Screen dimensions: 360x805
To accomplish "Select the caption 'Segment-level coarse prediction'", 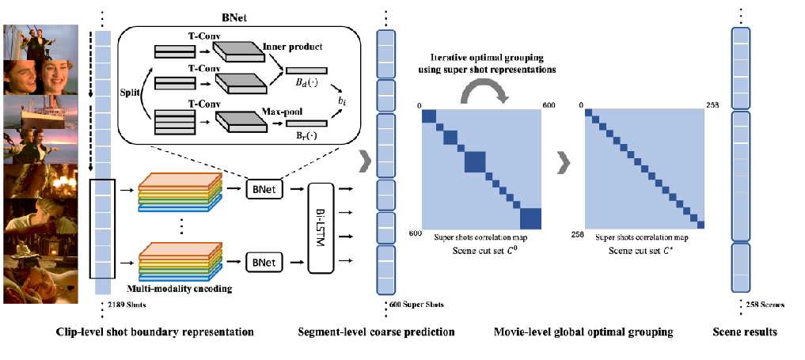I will click(x=376, y=332).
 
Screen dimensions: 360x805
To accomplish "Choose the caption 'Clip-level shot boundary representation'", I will click(x=155, y=332).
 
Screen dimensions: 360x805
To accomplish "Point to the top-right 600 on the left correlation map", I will click(x=547, y=104).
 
